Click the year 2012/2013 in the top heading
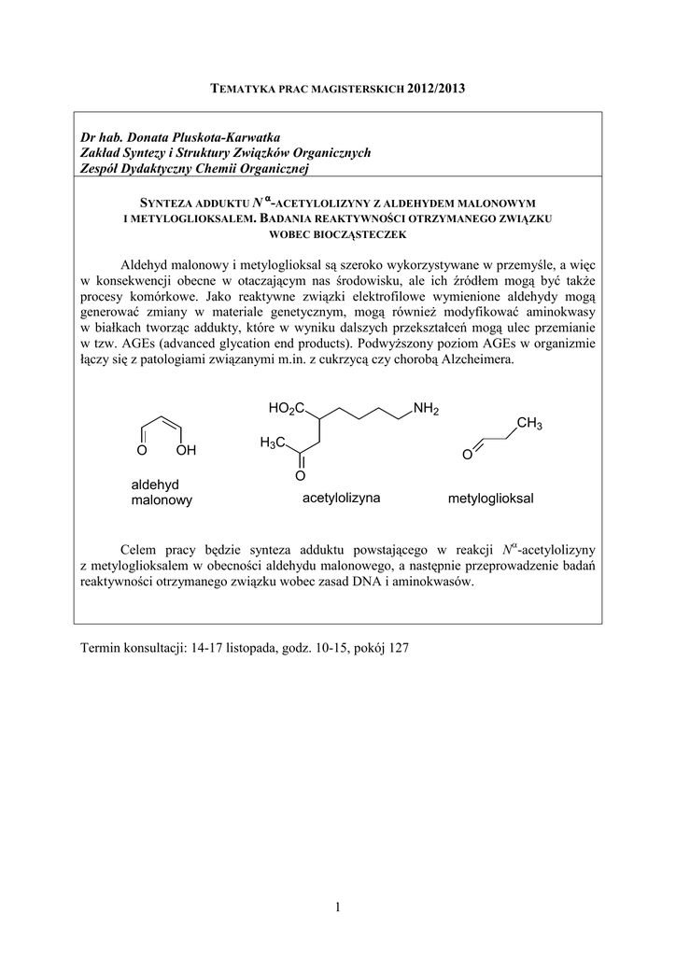tap(435, 89)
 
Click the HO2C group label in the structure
tap(286, 409)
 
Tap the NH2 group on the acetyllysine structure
tap(426, 409)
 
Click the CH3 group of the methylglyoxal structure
tap(528, 425)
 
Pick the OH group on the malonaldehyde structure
tap(186, 451)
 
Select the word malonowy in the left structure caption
tap(162, 500)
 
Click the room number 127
tap(397, 647)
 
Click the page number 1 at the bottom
tap(338, 904)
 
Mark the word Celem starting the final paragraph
tap(142, 548)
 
